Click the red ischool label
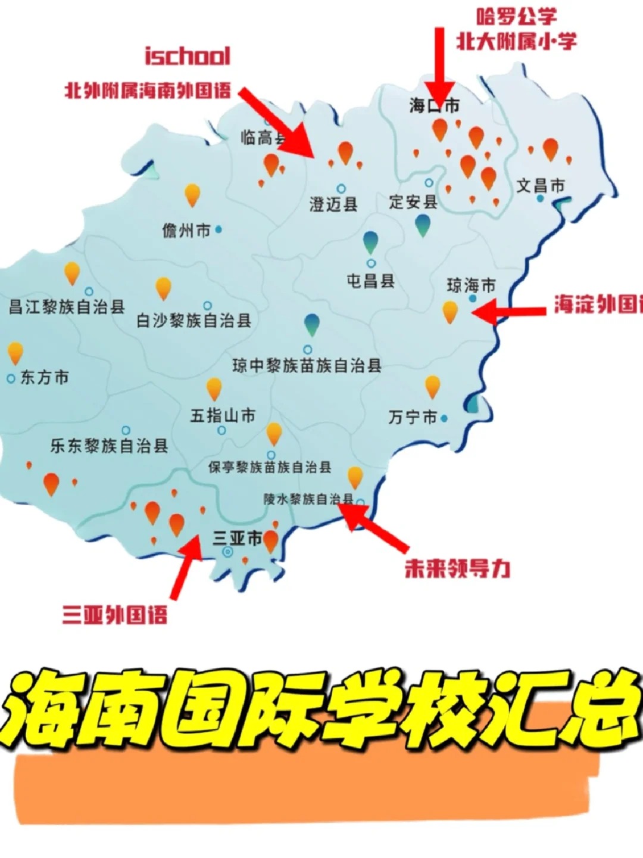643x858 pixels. pyautogui.click(x=188, y=56)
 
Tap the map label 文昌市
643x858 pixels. pyautogui.click(x=540, y=186)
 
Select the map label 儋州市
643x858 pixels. pyautogui.click(x=186, y=230)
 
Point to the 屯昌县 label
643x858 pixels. pyautogui.click(x=371, y=281)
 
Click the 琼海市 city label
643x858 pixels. pyautogui.click(x=471, y=285)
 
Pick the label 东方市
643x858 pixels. pyautogui.click(x=45, y=377)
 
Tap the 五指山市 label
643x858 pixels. pyautogui.click(x=223, y=415)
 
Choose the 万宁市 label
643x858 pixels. pyautogui.click(x=413, y=417)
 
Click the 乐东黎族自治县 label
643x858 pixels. pyautogui.click(x=109, y=446)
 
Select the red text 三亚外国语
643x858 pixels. pyautogui.click(x=115, y=614)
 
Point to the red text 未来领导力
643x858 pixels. pyautogui.click(x=457, y=569)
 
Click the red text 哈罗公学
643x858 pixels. pyautogui.click(x=517, y=17)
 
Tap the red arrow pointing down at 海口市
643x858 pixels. pyautogui.click(x=439, y=66)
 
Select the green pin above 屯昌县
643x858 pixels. pyautogui.click(x=370, y=242)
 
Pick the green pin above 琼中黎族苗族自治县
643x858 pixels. pyautogui.click(x=311, y=324)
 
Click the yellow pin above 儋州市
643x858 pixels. pyautogui.click(x=192, y=194)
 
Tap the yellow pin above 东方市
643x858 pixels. pyautogui.click(x=15, y=353)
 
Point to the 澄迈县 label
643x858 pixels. pyautogui.click(x=333, y=204)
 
